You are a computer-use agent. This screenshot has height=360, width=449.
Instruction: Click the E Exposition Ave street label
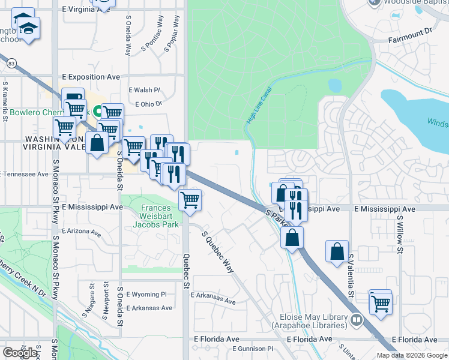tap(91, 77)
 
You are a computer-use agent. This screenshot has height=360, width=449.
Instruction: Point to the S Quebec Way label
tap(217, 252)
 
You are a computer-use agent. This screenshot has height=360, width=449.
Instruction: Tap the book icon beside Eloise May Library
tap(357, 320)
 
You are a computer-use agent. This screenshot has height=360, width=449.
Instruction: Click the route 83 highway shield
tap(11, 62)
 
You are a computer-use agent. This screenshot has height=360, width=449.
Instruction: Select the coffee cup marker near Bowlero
tap(73, 98)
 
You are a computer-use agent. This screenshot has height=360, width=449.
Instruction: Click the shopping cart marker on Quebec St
tap(190, 199)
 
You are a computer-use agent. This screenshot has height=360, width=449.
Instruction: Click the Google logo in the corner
tap(20, 352)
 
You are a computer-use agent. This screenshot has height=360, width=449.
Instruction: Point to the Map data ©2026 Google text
tap(411, 355)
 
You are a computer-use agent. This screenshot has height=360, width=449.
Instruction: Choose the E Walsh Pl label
tap(145, 90)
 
